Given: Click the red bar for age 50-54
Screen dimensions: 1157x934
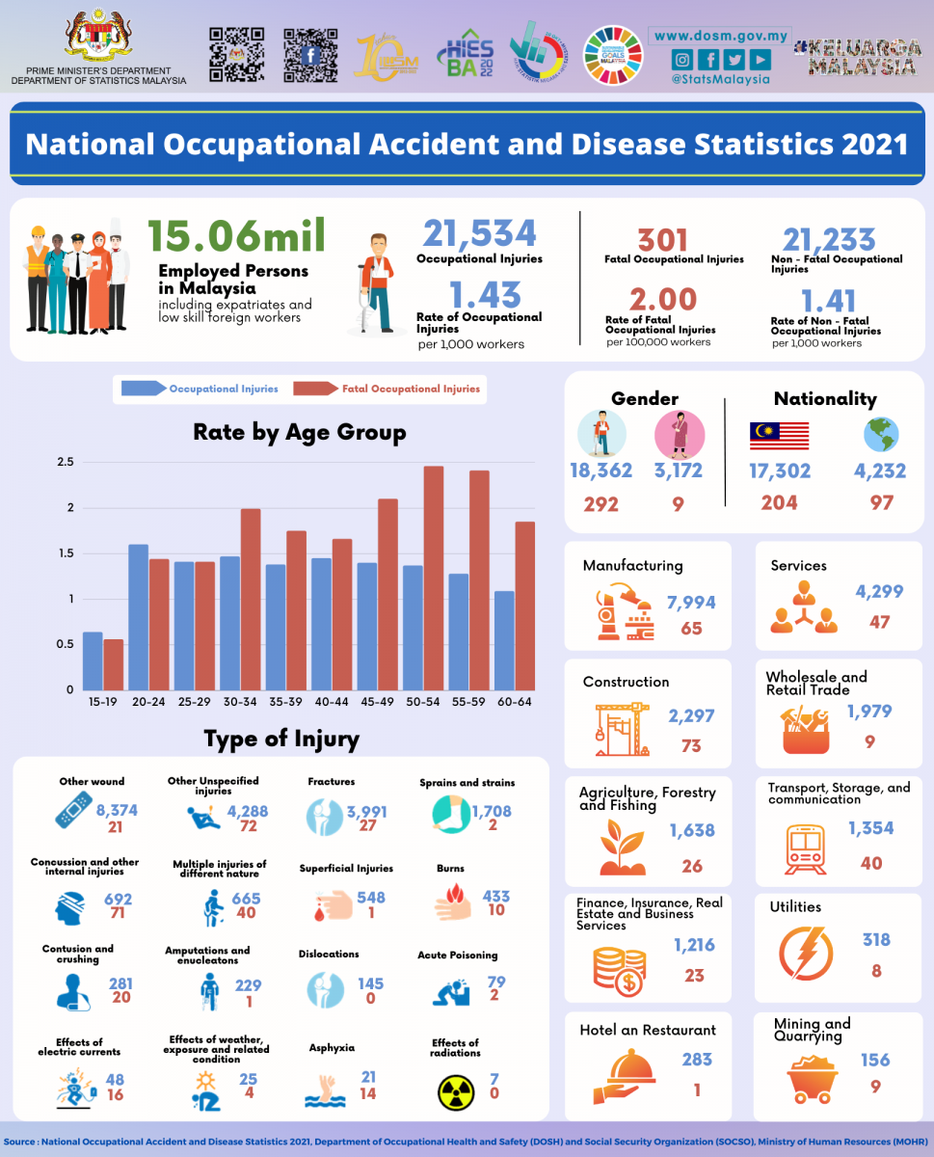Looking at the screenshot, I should pyautogui.click(x=434, y=578).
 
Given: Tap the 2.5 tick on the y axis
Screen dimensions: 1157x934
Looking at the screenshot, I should pyautogui.click(x=65, y=463).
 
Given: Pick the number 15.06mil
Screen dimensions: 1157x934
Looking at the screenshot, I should pyautogui.click(x=236, y=237).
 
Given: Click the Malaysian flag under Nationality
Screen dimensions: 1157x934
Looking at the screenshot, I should pyautogui.click(x=779, y=436).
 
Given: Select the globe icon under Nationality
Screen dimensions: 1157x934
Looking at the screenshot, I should pyautogui.click(x=881, y=436).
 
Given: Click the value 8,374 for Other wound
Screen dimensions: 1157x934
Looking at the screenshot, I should pyautogui.click(x=117, y=811).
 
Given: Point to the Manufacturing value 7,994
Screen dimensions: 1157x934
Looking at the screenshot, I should pyautogui.click(x=691, y=603).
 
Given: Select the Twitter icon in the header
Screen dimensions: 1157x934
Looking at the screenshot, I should pyautogui.click(x=734, y=60).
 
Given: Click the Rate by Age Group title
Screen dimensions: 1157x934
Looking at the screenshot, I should pyautogui.click(x=299, y=432).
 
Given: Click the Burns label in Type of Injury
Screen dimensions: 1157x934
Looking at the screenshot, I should pyautogui.click(x=450, y=869).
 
